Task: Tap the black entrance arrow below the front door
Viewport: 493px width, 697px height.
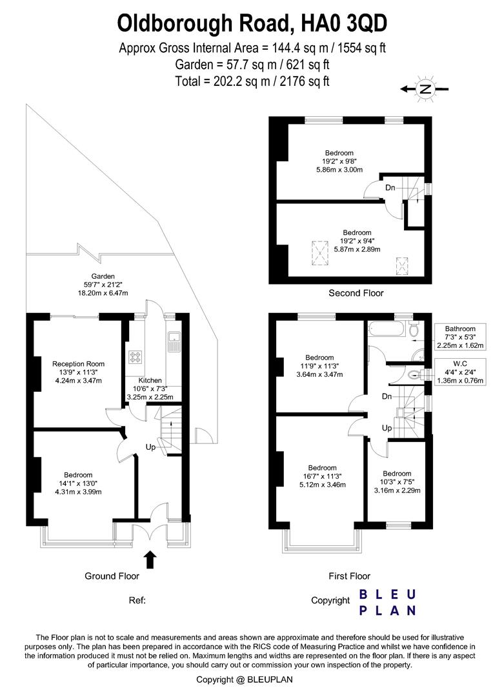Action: click(x=150, y=559)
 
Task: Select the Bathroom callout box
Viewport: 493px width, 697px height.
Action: click(x=459, y=337)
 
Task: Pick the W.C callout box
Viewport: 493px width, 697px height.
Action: click(x=459, y=372)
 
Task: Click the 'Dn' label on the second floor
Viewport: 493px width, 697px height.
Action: click(x=390, y=188)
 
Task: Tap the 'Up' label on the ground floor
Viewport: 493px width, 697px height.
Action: click(x=152, y=447)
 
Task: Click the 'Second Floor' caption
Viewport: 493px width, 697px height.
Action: click(x=356, y=293)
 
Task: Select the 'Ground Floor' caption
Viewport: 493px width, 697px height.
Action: click(x=112, y=576)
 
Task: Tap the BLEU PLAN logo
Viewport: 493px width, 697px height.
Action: click(x=387, y=601)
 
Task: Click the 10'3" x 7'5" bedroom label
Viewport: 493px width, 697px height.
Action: click(x=396, y=481)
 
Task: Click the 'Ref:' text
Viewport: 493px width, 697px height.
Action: click(x=137, y=600)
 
